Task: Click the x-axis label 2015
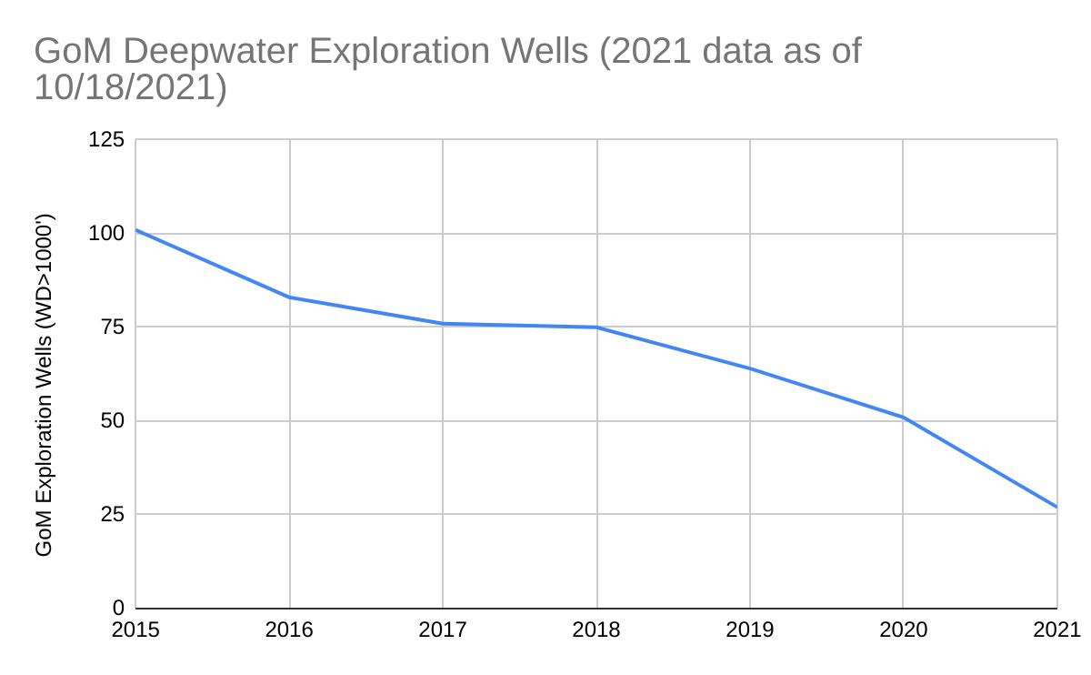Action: point(136,630)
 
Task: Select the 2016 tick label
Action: point(289,630)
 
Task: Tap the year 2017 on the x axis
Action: point(443,630)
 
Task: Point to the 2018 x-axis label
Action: point(596,630)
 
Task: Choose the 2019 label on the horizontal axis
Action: point(750,630)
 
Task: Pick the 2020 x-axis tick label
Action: point(903,630)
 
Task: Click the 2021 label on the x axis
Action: point(1056,630)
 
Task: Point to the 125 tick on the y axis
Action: point(106,140)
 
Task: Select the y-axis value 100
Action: point(106,234)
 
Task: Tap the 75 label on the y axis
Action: point(113,327)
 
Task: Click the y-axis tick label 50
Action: point(113,421)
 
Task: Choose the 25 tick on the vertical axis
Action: point(113,515)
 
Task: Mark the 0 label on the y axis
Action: point(118,608)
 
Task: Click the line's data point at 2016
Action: point(289,297)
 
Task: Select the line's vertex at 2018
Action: point(596,327)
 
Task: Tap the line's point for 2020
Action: point(903,418)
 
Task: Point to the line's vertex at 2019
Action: point(750,368)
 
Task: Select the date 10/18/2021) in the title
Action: point(130,87)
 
